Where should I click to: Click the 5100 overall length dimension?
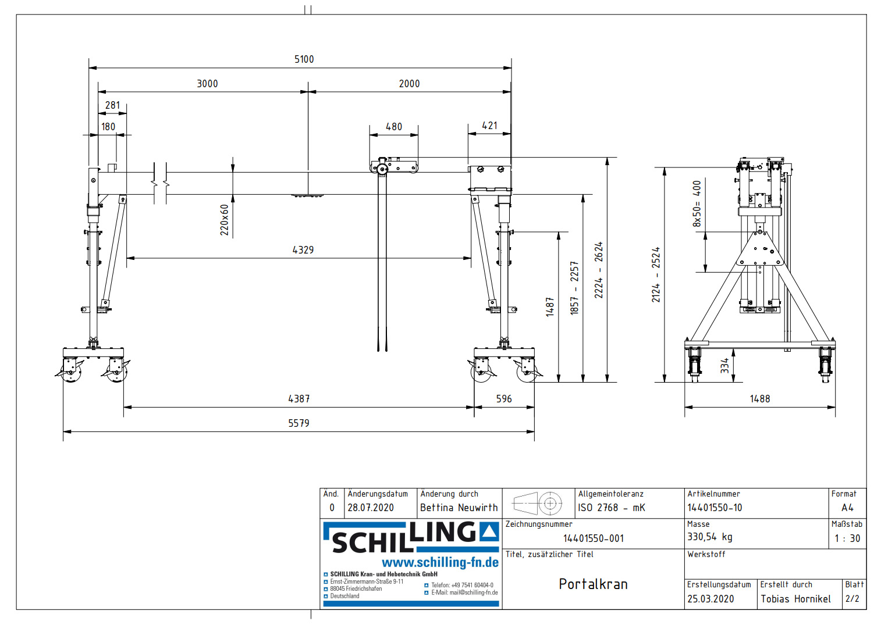(304, 59)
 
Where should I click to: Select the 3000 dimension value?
(207, 84)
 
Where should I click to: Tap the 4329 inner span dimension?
(303, 250)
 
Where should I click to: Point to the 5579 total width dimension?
(299, 423)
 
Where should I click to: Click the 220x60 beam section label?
(225, 220)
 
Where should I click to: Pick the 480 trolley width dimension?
(394, 127)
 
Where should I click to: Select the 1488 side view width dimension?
(759, 399)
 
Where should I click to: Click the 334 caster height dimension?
(724, 366)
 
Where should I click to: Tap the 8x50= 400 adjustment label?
(697, 204)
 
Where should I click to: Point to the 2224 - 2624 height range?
(599, 270)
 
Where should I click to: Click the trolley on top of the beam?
(394, 166)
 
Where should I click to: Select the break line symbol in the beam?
(160, 183)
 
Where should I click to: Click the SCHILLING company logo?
(411, 537)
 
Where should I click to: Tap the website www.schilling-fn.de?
(440, 562)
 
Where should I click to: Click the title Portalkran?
(593, 584)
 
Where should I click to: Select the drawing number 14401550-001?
(593, 538)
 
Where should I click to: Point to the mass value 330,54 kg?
(709, 537)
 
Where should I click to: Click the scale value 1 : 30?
(847, 538)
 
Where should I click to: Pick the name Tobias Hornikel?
(795, 599)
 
